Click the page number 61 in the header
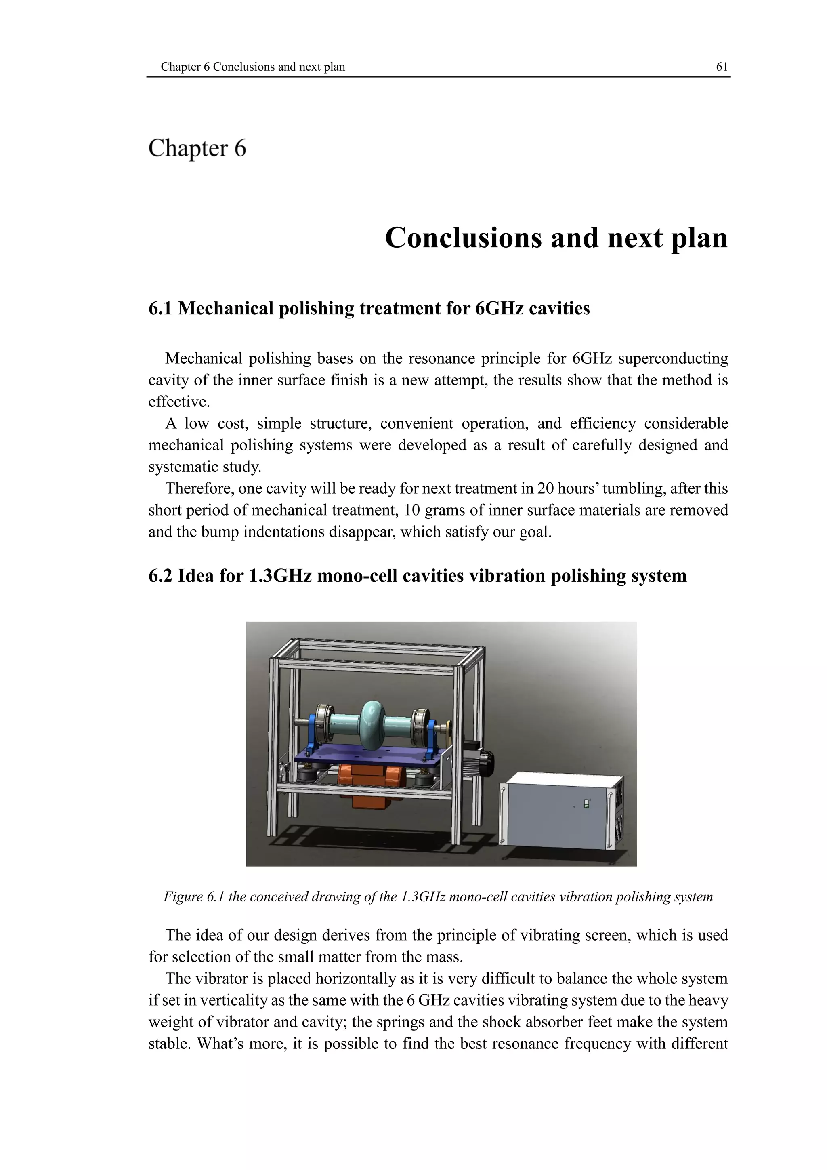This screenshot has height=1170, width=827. [x=722, y=67]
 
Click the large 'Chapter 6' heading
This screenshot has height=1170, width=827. [x=197, y=148]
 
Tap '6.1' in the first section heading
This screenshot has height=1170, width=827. [x=160, y=308]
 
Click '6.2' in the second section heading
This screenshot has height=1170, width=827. [x=160, y=576]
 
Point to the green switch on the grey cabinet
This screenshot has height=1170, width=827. [x=586, y=804]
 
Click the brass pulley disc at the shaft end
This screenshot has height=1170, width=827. [x=449, y=728]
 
